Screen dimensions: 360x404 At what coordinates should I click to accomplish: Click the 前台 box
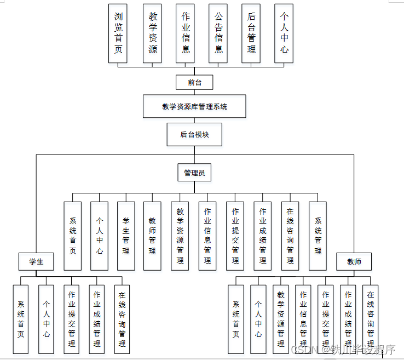[x=194, y=82]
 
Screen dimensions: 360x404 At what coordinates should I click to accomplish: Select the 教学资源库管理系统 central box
[x=194, y=106]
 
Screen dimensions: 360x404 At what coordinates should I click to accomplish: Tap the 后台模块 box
[x=194, y=134]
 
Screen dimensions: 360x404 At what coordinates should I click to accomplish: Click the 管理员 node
[x=194, y=173]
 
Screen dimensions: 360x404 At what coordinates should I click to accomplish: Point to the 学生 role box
[x=36, y=261]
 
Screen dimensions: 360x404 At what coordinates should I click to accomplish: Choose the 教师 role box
[x=354, y=261]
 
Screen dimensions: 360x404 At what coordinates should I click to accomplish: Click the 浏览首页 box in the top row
[x=118, y=33]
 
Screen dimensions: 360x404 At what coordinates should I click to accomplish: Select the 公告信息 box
[x=218, y=33]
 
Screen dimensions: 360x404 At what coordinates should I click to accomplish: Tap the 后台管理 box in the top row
[x=251, y=33]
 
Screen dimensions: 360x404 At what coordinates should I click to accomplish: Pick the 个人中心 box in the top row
[x=284, y=33]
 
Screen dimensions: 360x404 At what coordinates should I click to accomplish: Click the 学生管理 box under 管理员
[x=126, y=236]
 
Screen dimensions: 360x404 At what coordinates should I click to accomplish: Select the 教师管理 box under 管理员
[x=152, y=236]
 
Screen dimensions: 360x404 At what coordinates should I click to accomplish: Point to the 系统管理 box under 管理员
[x=318, y=236]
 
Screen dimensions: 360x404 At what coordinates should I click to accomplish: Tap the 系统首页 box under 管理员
[x=73, y=236]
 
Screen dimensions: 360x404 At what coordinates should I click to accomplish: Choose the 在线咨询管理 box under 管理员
[x=290, y=236]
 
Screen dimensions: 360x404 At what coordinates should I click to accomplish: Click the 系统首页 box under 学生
[x=21, y=318]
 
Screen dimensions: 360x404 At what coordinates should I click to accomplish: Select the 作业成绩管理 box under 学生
[x=96, y=318]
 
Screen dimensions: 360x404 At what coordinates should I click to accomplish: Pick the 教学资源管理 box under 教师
[x=281, y=318]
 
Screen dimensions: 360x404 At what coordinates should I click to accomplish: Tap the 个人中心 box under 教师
[x=258, y=318]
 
